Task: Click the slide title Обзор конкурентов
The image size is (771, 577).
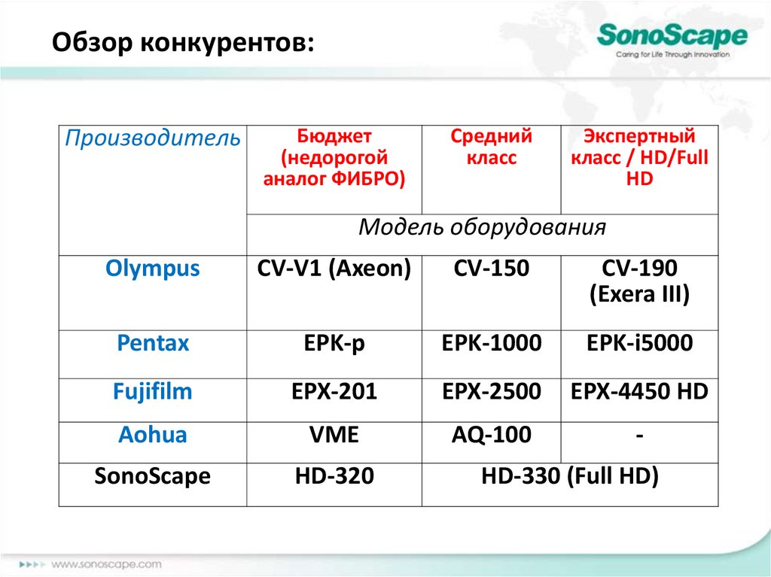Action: tap(183, 42)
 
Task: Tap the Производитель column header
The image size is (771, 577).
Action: tap(152, 138)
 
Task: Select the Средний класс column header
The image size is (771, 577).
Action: tap(491, 147)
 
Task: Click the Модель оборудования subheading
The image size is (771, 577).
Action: tap(482, 227)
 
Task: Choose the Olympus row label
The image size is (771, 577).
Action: tap(152, 269)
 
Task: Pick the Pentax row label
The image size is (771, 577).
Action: tap(152, 343)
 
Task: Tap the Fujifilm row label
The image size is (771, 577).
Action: tap(152, 392)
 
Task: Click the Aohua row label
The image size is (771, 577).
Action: tap(152, 435)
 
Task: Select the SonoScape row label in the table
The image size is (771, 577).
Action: tap(152, 477)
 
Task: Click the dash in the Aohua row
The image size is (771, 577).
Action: tap(640, 436)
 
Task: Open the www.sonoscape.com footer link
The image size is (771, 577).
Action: tap(106, 564)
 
